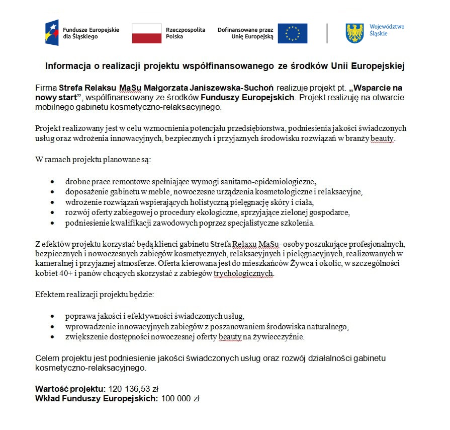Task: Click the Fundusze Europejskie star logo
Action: tap(52, 33)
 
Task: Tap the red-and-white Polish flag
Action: tap(146, 33)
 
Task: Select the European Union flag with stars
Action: tap(292, 33)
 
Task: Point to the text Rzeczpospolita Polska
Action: tap(186, 33)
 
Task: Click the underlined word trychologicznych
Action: tap(244, 273)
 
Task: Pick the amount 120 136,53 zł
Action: tap(133, 389)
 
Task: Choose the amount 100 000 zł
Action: tap(180, 398)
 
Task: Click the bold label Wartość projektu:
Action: tap(70, 389)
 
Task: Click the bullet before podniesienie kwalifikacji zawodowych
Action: tap(53, 223)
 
